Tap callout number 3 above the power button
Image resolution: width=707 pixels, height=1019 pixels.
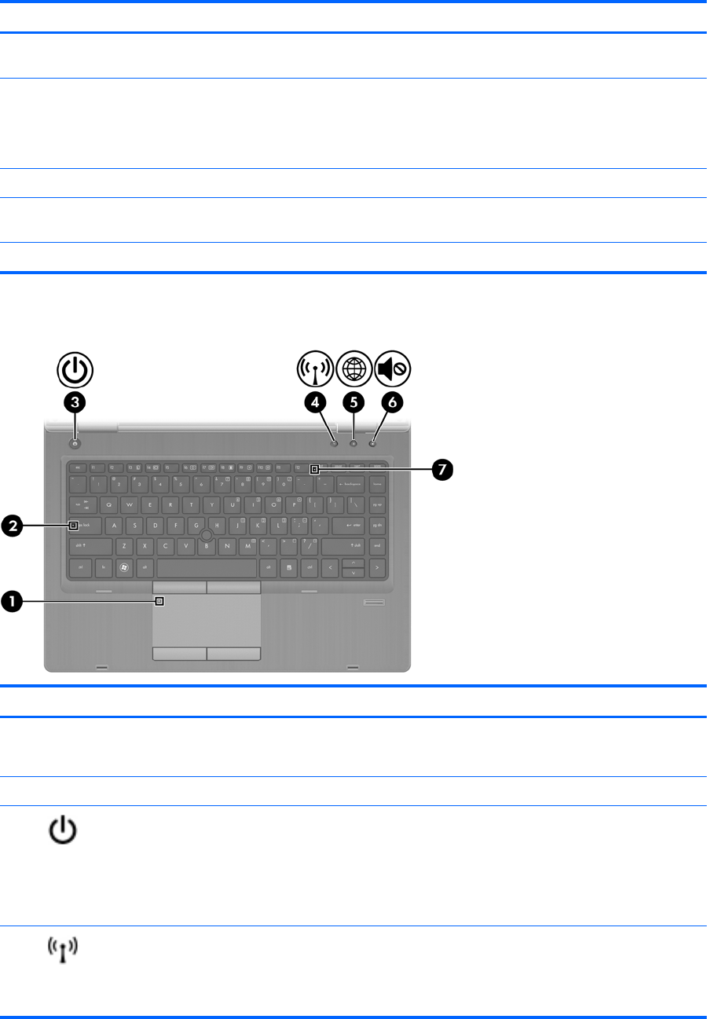coord(75,402)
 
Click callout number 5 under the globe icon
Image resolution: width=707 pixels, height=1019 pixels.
coord(353,402)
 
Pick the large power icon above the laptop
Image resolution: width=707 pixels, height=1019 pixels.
coord(75,368)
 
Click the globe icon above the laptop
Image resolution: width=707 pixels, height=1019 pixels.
coord(353,368)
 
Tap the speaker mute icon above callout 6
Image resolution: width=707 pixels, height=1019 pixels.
coord(392,368)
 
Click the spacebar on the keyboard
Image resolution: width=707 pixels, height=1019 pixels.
coord(207,566)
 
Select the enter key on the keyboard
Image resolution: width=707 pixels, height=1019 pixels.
coord(347,524)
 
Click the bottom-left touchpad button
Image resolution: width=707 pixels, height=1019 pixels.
coord(179,654)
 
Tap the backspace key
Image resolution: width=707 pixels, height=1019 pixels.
coord(350,485)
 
